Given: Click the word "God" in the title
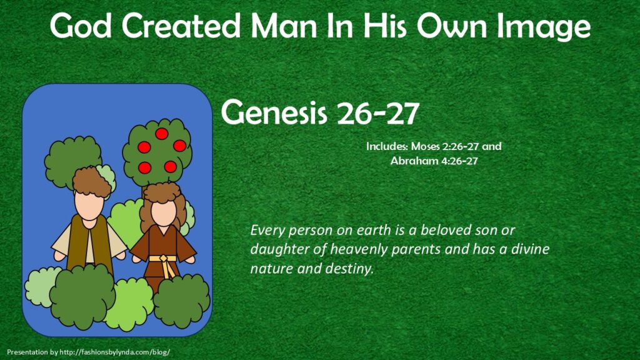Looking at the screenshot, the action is click(81, 26).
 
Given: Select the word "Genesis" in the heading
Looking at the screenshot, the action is click(274, 112).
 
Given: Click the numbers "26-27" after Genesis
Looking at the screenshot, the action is click(378, 112).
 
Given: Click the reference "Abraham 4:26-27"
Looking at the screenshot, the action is click(434, 161).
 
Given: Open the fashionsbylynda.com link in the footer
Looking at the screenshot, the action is click(115, 352).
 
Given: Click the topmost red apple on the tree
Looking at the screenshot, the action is click(162, 134).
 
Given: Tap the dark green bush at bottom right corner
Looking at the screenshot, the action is click(182, 301).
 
